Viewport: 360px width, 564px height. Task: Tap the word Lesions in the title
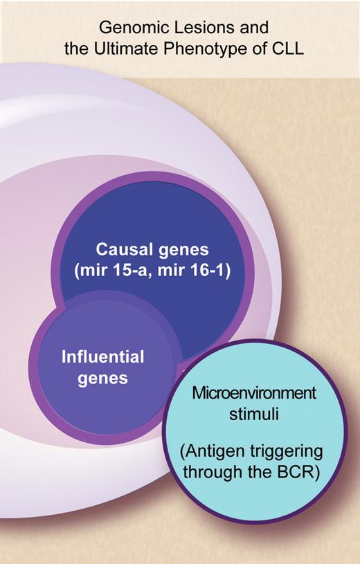(188, 28)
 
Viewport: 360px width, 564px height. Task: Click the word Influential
(103, 358)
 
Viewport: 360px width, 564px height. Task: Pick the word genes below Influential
(103, 379)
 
